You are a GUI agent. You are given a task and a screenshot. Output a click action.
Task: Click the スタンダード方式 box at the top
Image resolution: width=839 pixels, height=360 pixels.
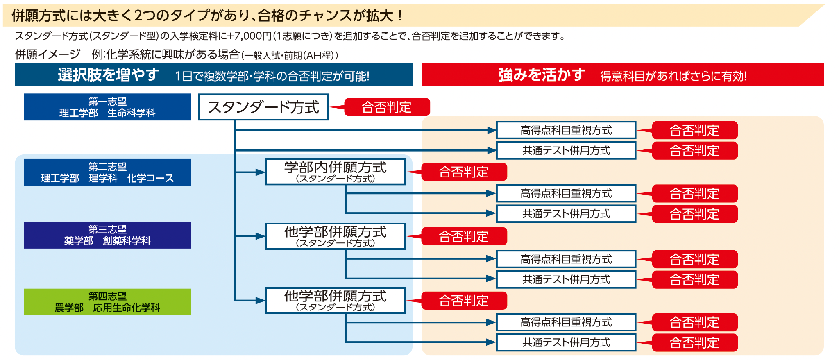point(263,107)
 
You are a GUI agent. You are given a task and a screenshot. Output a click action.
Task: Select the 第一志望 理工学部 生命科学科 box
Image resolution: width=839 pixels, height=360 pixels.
point(107,107)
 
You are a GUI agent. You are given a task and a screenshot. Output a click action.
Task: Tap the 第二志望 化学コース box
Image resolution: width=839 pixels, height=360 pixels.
point(107,172)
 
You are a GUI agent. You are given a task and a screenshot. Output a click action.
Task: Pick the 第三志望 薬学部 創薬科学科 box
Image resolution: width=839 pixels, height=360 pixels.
point(107,235)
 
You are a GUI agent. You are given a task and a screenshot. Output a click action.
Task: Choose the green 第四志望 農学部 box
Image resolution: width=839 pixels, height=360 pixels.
point(107,302)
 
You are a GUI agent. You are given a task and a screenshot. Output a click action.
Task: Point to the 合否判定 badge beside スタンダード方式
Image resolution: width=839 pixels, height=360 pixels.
point(387,107)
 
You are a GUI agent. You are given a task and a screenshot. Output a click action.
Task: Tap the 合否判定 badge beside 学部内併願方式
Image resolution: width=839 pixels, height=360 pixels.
point(464,172)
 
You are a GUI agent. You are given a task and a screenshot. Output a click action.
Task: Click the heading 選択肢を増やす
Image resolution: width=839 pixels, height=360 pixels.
point(108,75)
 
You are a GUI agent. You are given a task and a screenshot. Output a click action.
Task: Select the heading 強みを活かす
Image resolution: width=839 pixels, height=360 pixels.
point(542,75)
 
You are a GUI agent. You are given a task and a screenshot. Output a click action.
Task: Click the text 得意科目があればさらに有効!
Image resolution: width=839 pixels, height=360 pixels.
point(673,76)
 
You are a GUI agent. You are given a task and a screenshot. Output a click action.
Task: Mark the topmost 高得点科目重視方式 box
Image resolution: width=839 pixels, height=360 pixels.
point(566,130)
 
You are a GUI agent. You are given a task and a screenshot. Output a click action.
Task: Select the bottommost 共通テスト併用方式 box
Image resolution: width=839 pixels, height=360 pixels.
point(566,342)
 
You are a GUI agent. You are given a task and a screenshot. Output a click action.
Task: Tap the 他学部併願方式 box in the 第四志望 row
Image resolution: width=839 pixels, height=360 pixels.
point(335,301)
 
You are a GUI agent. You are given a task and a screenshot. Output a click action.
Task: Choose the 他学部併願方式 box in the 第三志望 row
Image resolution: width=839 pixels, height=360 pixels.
point(335,236)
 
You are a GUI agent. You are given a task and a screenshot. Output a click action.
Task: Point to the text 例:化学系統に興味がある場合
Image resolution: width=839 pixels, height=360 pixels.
point(166,54)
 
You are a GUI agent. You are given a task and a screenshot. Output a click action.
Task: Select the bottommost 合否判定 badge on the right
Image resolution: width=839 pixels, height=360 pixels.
point(694,342)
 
